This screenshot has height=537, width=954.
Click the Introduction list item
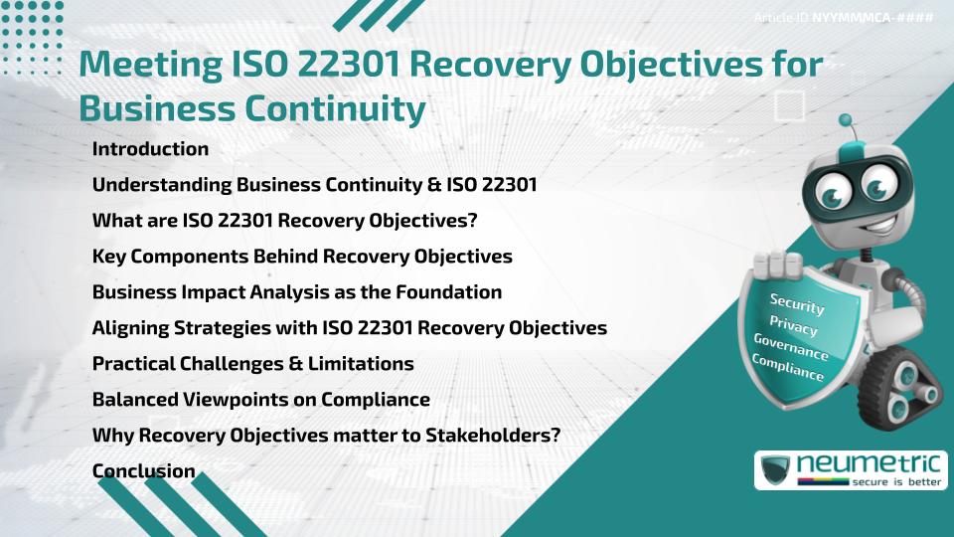coord(150,149)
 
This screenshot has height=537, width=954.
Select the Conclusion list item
coord(143,471)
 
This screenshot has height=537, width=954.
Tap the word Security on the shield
coord(797,305)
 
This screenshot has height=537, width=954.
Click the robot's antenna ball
coord(846,122)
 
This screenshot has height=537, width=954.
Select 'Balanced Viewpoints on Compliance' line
coord(260,400)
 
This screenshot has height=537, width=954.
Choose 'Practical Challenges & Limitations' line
coord(252,364)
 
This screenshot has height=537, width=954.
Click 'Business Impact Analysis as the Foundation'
coord(296,292)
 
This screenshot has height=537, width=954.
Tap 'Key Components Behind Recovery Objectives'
coord(302,257)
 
